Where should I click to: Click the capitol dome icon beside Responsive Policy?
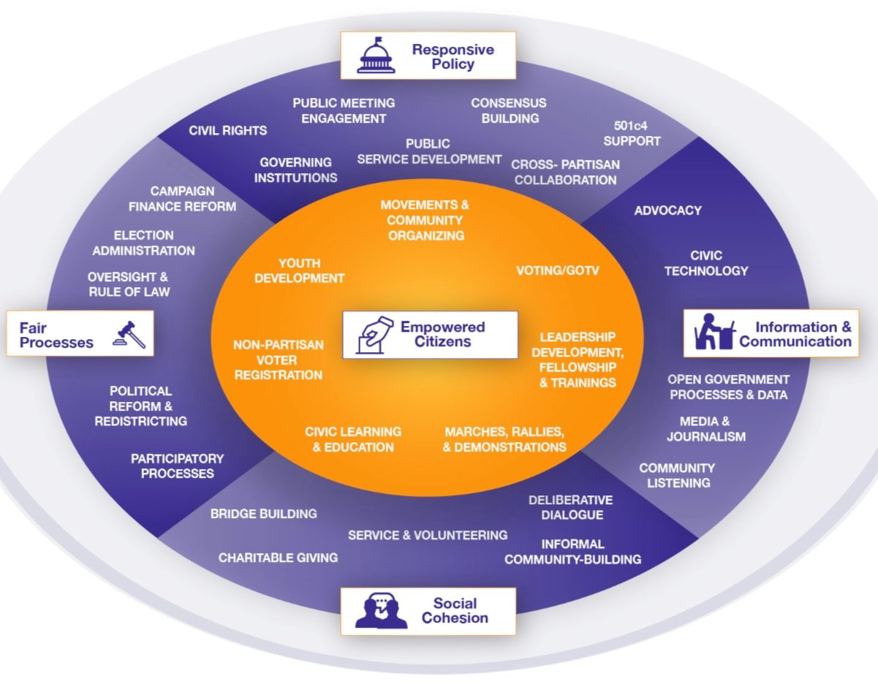[376, 56]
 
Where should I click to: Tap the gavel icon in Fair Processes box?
[129, 335]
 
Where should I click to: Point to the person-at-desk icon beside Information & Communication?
[714, 332]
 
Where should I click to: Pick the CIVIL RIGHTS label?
[227, 131]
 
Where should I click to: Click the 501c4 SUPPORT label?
[632, 133]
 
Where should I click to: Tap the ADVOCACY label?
[668, 210]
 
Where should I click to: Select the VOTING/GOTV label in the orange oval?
[558, 270]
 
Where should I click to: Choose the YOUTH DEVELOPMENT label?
[300, 271]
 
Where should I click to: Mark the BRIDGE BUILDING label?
[264, 514]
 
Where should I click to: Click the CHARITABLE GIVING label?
[279, 558]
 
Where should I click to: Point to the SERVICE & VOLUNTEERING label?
[428, 535]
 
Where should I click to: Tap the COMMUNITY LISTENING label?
[677, 476]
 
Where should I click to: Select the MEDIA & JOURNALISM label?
[706, 429]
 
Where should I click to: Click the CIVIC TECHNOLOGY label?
[706, 263]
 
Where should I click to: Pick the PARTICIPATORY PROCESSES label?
[178, 466]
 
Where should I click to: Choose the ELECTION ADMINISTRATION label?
[143, 243]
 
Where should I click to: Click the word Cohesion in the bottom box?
[455, 618]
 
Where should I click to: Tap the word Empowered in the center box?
[443, 327]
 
